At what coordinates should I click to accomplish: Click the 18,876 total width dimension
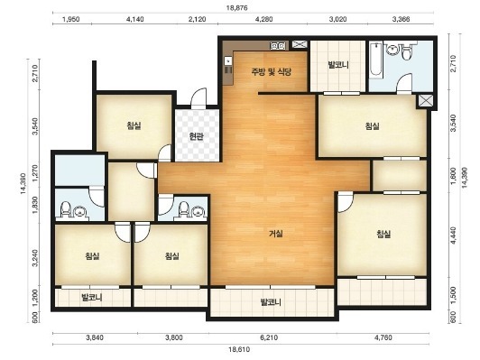(237, 8)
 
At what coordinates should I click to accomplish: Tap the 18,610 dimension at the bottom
(239, 349)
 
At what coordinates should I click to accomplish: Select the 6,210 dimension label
(269, 337)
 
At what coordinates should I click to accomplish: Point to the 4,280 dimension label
(263, 19)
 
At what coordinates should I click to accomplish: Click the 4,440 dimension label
(454, 235)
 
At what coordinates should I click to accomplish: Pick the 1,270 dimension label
(35, 173)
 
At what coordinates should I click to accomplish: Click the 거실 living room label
(276, 234)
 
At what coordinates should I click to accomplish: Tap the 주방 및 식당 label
(272, 72)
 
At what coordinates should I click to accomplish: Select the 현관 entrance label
(196, 136)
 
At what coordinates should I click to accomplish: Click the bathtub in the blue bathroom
(375, 60)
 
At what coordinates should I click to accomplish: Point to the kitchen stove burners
(279, 46)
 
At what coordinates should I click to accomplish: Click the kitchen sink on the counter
(228, 61)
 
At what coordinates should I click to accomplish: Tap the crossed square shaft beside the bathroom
(426, 101)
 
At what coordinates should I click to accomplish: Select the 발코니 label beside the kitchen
(338, 65)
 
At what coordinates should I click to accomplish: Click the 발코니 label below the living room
(271, 302)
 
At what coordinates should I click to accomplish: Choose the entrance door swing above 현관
(199, 97)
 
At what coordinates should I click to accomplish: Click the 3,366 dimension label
(401, 19)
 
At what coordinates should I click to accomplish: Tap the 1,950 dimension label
(71, 19)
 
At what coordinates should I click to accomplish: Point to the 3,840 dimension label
(95, 337)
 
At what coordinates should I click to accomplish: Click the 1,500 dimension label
(454, 294)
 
